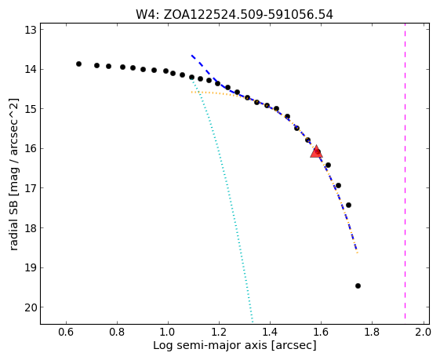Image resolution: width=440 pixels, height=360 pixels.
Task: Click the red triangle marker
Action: click(316, 151)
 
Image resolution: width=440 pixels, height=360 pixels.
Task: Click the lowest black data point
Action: click(358, 286)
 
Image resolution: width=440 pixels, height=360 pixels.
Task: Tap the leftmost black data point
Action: click(79, 64)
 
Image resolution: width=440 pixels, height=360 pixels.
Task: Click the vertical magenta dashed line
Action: click(405, 171)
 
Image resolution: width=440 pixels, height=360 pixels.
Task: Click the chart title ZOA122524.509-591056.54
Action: click(248, 15)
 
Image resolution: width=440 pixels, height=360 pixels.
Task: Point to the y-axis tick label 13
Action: click(31, 30)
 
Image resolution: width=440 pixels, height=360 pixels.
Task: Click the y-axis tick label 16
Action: click(31, 148)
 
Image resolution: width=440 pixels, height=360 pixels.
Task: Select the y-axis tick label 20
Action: click(31, 307)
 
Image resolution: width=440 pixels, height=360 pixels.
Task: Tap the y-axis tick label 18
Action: click(31, 227)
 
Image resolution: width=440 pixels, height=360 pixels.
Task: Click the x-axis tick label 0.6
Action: click(66, 333)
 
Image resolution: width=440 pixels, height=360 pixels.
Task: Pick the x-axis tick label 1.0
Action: click(168, 333)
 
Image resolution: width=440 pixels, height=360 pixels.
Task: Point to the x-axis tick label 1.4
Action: click(270, 333)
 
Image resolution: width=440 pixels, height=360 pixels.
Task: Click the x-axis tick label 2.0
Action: click(423, 333)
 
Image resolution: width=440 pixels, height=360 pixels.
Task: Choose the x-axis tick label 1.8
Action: click(372, 333)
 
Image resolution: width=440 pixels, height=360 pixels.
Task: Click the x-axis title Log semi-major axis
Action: click(210, 346)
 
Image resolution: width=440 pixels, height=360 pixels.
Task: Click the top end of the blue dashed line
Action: click(191, 55)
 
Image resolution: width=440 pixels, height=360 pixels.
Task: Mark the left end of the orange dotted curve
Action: click(191, 92)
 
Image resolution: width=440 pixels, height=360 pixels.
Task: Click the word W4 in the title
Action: click(145, 15)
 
